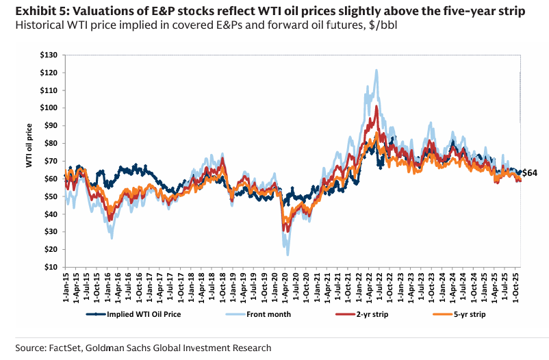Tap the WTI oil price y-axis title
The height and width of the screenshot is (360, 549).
click(x=29, y=145)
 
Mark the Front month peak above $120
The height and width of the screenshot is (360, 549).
click(x=376, y=70)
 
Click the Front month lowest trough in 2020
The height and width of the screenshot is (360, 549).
click(x=288, y=255)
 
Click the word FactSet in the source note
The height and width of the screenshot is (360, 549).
click(x=72, y=348)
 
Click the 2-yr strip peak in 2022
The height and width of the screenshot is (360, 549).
click(x=376, y=106)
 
